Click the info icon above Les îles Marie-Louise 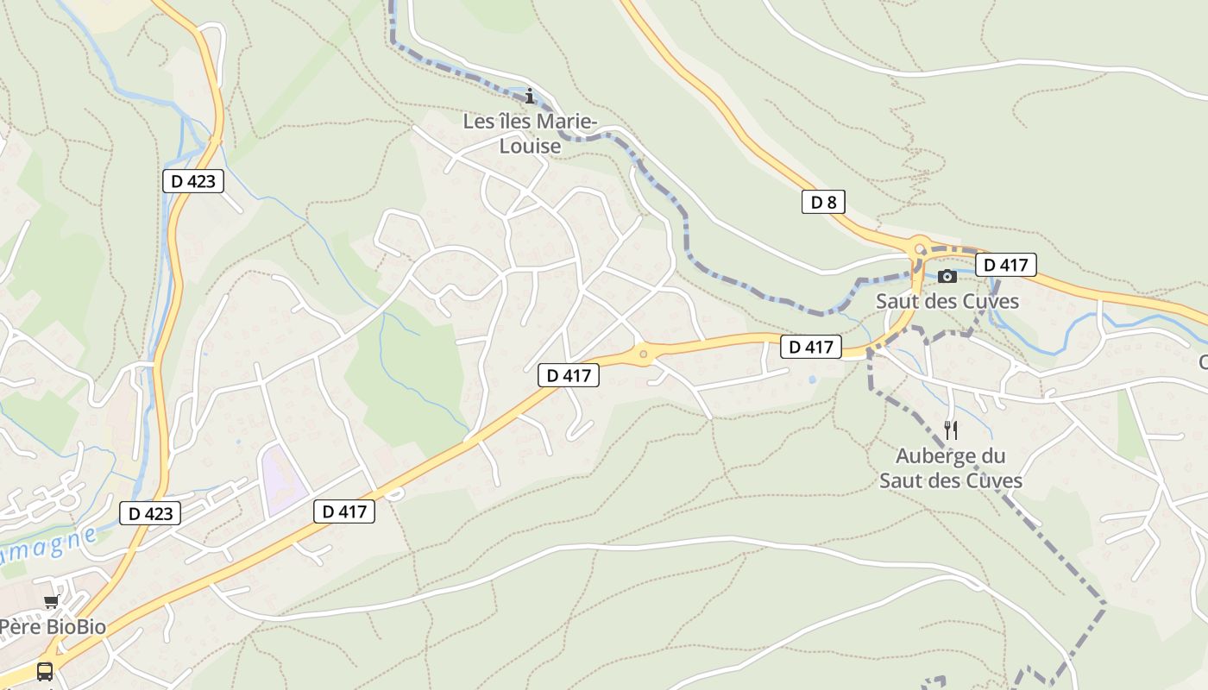pos(530,96)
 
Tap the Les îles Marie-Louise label pos(530,134)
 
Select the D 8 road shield pos(823,203)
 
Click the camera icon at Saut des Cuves pos(947,276)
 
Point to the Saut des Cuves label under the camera pos(947,301)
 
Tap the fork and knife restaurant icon pos(951,430)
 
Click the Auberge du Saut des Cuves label pos(951,468)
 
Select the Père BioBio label pos(52,627)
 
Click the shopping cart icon pos(51,601)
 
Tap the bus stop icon pos(45,671)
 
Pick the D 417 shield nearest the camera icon pos(1005,265)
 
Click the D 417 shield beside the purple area pos(344,511)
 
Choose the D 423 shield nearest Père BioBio pos(151,513)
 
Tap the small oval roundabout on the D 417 pos(643,354)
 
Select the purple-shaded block pos(283,480)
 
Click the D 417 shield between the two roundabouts pos(811,348)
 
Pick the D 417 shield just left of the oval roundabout pos(569,375)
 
